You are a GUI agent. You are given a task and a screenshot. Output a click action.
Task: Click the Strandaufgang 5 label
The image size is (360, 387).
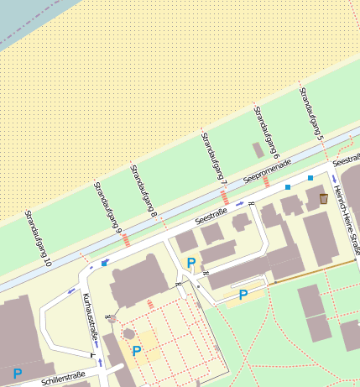(311, 112)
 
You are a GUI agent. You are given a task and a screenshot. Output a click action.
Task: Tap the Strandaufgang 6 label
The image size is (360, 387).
(266, 132)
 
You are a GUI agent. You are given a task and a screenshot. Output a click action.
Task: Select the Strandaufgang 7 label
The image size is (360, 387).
(214, 156)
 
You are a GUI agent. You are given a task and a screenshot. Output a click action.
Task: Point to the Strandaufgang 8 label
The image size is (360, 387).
(143, 191)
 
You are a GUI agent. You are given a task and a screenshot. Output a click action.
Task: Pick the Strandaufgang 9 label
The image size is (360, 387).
(107, 207)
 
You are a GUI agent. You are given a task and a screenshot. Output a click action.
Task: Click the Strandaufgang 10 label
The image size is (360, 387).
(38, 238)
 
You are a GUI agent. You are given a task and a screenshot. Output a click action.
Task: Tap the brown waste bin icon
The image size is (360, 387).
(324, 198)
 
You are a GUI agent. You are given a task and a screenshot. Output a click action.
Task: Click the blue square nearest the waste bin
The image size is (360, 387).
(310, 178)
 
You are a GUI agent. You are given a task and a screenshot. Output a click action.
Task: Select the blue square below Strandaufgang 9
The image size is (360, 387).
(105, 263)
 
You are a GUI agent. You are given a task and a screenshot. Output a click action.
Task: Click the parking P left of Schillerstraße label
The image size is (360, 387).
(17, 373)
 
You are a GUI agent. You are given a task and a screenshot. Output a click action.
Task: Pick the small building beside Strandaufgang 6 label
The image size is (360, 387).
(258, 149)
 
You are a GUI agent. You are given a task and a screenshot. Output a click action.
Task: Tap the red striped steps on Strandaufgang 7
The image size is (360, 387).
(224, 197)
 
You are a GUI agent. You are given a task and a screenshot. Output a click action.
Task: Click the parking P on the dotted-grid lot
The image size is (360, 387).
(136, 351)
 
